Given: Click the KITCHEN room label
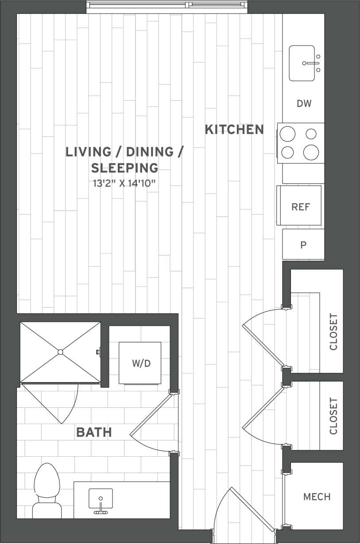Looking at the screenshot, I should pos(234,129).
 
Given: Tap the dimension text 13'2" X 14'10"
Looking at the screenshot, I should pos(124,183).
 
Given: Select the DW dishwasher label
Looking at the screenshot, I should pos(304,104).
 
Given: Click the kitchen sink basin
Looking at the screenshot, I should pos(302,63).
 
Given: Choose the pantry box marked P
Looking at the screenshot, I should pos(303,245).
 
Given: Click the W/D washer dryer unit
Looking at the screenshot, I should pos(141,363).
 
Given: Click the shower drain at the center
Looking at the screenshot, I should pos(61,352).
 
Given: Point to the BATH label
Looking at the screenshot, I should pos(94,432).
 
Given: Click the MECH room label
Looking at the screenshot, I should pos(317,497).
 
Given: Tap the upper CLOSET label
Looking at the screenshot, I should pos(333,332).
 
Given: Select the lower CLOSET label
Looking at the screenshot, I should pos(333,416).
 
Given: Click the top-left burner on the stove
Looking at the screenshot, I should pos(288,133).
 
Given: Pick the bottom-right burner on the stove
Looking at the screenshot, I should pos(311,152).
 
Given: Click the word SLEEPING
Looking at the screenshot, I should pos(124,168).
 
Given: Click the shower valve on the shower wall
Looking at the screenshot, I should pos(98,352).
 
